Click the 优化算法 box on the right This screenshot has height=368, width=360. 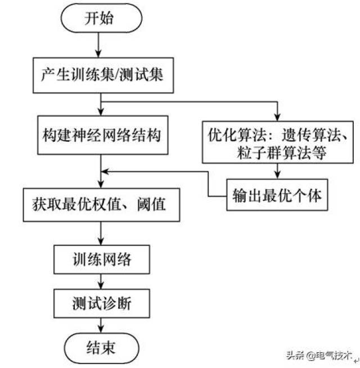277,143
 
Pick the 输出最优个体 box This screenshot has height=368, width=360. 277,195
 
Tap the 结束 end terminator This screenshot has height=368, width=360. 100,347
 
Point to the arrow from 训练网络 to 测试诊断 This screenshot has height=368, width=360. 101,282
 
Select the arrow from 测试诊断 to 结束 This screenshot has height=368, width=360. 101,325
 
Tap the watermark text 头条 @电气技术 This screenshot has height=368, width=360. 318,355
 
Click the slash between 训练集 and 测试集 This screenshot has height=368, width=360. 117,74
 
